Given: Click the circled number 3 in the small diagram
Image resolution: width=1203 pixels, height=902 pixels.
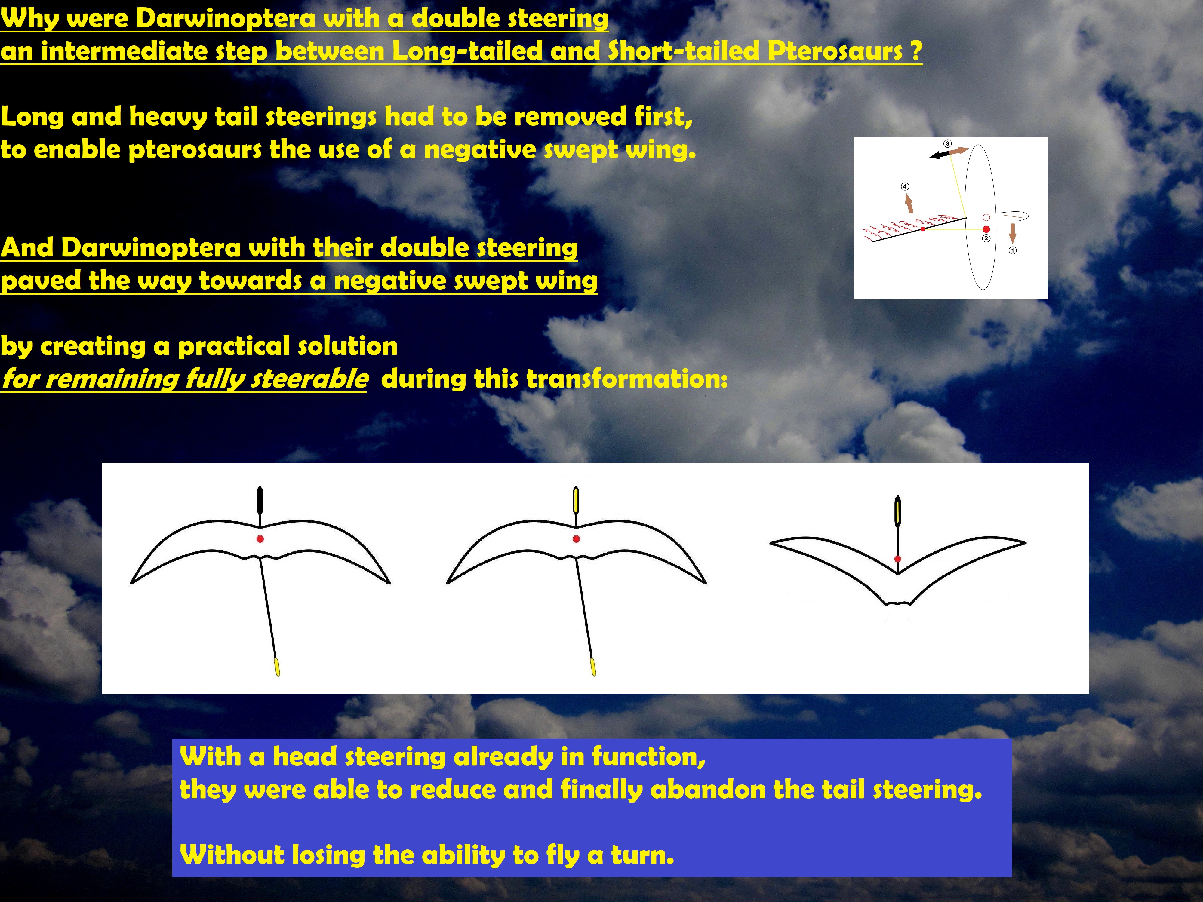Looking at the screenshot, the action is coord(947,143).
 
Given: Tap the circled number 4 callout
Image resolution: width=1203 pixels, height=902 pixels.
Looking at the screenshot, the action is coord(905,186).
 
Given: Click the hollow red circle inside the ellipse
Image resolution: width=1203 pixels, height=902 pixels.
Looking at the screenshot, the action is coord(986,217).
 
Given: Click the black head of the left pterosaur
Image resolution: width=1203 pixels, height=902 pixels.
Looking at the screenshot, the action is coord(260,500).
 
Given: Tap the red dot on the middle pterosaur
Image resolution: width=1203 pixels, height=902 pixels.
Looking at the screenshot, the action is coord(577,539).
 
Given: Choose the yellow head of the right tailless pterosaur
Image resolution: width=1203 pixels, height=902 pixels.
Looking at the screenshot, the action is coord(897,511).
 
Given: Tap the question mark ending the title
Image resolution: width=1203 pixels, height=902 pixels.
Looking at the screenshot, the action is coord(916,51).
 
